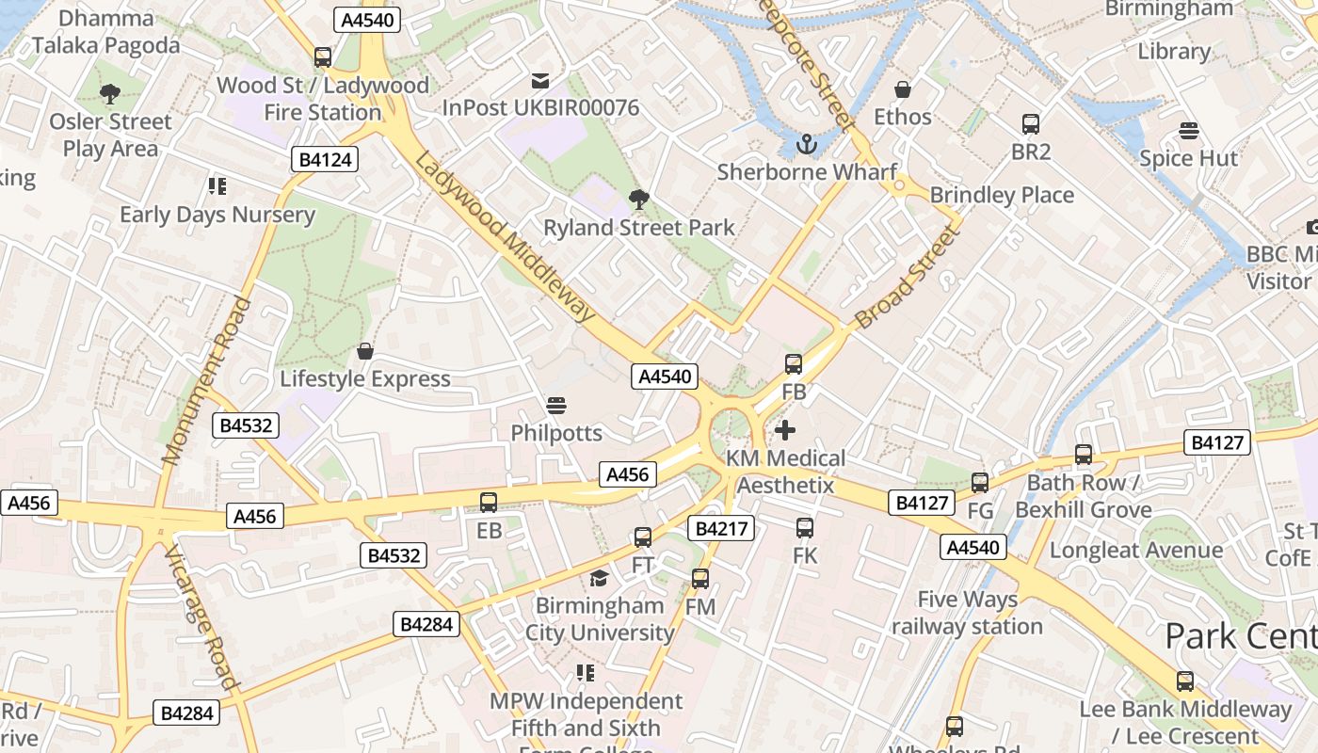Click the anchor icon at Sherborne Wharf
806,144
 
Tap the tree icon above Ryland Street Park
639,200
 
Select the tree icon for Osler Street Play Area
110,94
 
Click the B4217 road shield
722,528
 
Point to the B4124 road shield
326,159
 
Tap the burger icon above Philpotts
555,406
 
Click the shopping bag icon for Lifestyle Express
365,352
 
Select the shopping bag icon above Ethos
903,89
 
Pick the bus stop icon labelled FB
794,364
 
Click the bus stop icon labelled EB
489,503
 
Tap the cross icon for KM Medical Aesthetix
784,431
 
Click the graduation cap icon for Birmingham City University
599,578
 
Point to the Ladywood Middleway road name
505,237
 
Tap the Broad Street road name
906,278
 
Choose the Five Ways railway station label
967,613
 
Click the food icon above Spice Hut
1189,131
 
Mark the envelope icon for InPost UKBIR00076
540,81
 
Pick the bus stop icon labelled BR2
1031,124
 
